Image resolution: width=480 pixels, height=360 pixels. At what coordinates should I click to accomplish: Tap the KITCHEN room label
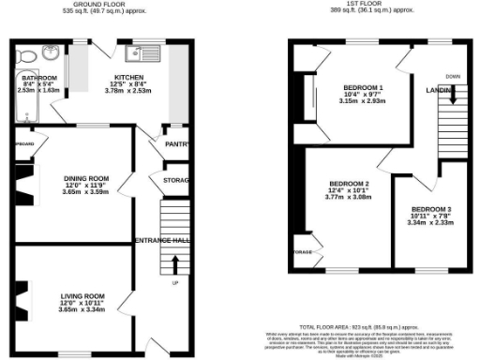[128, 77]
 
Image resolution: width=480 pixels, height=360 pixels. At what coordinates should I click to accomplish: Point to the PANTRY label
[177, 144]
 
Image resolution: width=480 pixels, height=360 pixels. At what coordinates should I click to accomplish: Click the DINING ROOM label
[86, 178]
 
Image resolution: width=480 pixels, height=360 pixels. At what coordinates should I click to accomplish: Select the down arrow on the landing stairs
[454, 93]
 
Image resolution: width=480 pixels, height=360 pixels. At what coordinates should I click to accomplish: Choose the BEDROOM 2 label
[348, 184]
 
